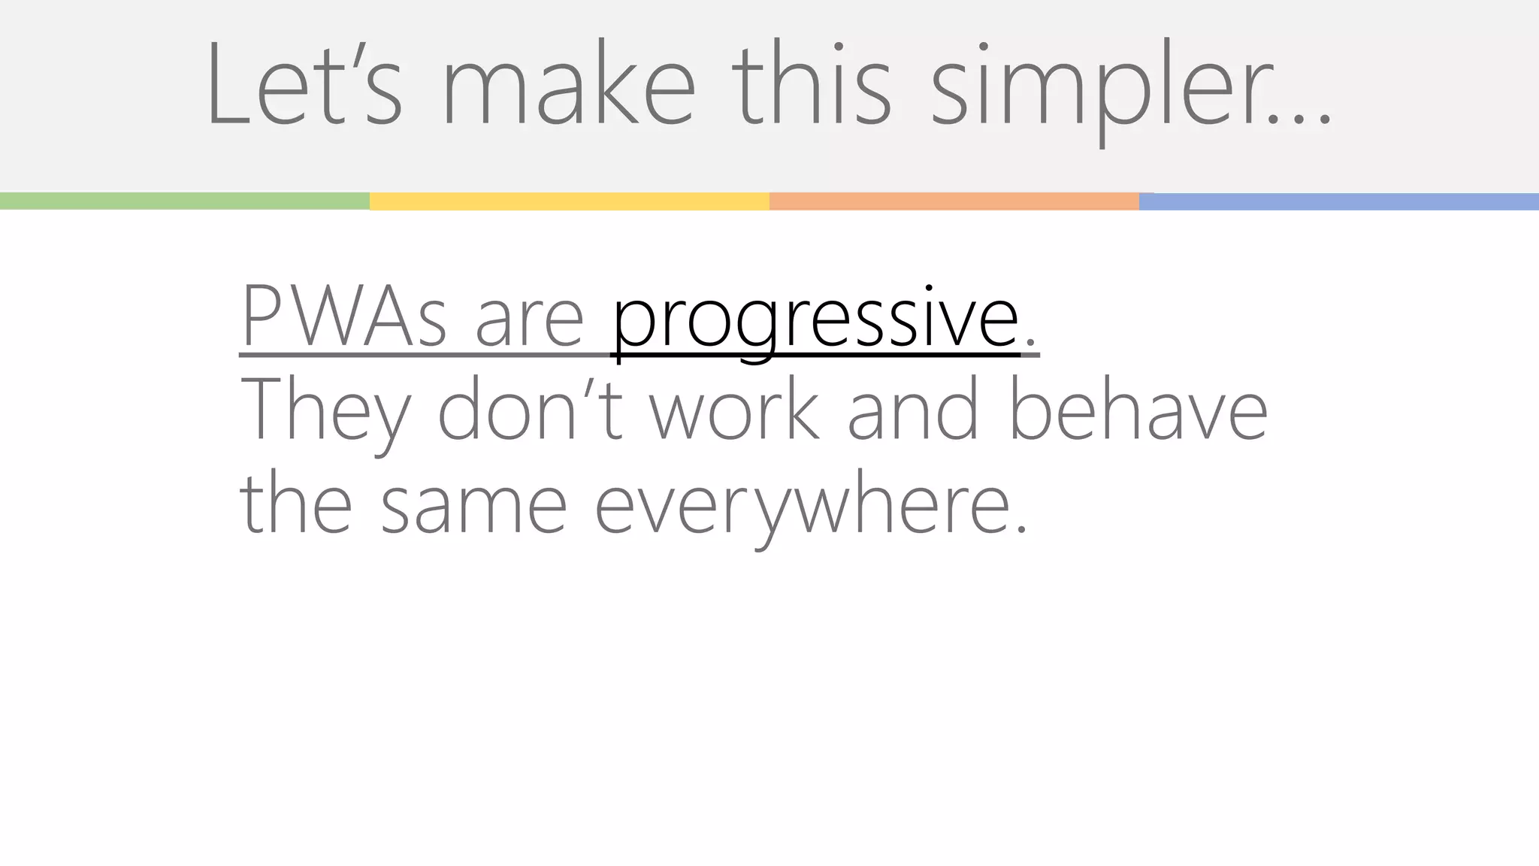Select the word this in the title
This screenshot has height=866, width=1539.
point(811,86)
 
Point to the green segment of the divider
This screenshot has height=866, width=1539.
point(184,201)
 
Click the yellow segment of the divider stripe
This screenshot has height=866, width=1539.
point(569,201)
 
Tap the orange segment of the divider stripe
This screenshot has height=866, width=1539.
point(954,201)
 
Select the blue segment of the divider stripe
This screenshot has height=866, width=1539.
point(1338,201)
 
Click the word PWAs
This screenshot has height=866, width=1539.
point(343,317)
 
